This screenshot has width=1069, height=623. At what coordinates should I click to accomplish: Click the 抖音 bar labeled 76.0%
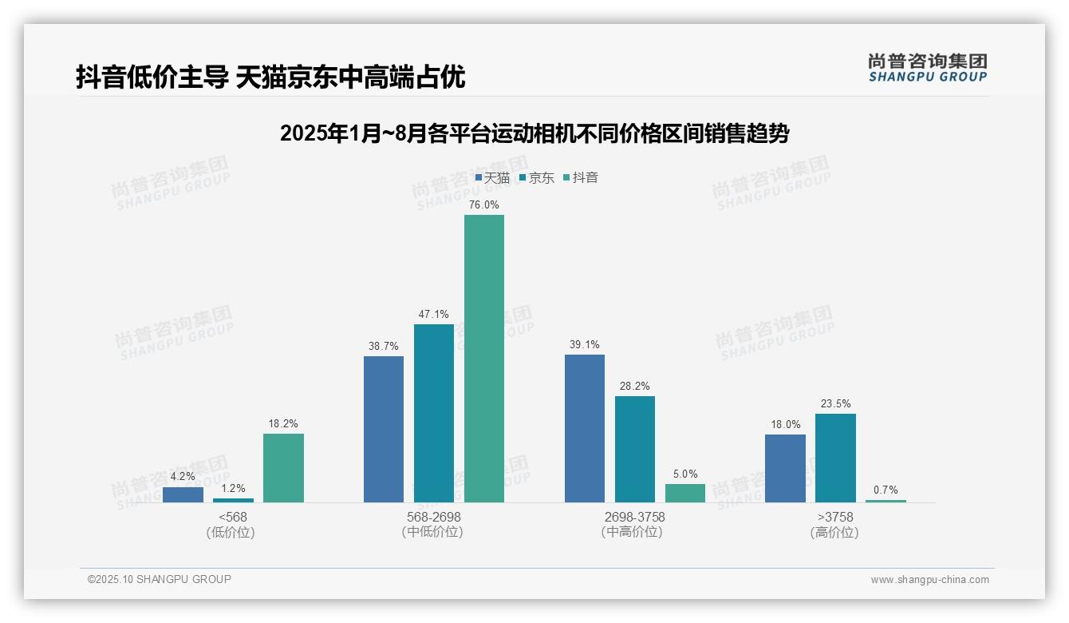click(484, 359)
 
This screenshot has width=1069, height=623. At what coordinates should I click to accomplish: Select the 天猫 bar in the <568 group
click(183, 494)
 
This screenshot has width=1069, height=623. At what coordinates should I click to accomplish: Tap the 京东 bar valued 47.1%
click(434, 413)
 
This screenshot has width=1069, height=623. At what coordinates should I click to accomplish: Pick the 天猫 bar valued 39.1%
click(585, 428)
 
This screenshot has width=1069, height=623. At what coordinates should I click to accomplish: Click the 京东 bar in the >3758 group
click(835, 458)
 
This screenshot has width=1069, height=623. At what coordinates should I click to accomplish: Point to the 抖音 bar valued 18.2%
click(283, 468)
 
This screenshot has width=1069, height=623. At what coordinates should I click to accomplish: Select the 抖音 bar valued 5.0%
click(685, 493)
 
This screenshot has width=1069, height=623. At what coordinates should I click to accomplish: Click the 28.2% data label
click(634, 387)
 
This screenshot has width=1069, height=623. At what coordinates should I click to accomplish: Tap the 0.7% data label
click(886, 490)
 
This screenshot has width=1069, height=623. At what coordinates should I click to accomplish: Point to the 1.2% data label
click(233, 489)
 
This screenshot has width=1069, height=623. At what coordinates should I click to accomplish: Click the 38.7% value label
click(384, 347)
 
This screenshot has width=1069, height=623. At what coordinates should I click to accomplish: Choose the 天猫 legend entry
click(492, 178)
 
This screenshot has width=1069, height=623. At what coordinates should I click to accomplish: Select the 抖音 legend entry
click(581, 178)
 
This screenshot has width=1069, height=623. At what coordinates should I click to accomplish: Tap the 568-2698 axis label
click(433, 517)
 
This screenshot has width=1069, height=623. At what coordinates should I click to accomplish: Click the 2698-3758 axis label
click(634, 517)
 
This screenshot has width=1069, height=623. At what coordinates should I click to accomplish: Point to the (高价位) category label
click(834, 533)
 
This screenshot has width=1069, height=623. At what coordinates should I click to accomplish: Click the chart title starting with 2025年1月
click(534, 133)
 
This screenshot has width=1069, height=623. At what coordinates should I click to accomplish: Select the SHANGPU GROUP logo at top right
click(928, 68)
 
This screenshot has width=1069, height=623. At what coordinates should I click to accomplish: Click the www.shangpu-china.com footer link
click(929, 580)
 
